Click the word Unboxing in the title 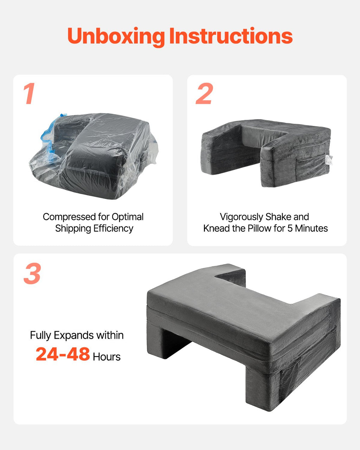[116, 37]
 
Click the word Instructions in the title [231, 36]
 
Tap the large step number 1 [29, 93]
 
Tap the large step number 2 [204, 93]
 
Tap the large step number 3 [32, 273]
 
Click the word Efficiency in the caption [113, 229]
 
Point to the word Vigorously [242, 217]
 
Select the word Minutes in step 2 [311, 229]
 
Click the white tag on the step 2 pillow [328, 160]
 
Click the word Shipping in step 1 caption [72, 229]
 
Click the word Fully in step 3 [40, 335]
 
